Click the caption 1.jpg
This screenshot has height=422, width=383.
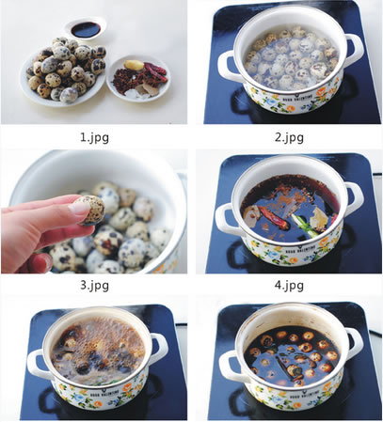click(x=94, y=137)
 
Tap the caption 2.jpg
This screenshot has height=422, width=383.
click(x=289, y=137)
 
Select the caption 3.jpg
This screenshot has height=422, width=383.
click(x=94, y=285)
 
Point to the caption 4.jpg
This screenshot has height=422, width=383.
click(x=289, y=285)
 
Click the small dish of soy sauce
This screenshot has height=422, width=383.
click(x=86, y=29)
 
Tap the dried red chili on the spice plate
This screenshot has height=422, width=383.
click(x=155, y=69)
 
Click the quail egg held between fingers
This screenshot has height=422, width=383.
click(x=91, y=210)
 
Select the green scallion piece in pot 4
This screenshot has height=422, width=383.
click(x=303, y=225)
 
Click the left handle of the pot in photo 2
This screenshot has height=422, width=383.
click(x=228, y=67)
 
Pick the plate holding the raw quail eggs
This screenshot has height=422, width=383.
click(x=63, y=75)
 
